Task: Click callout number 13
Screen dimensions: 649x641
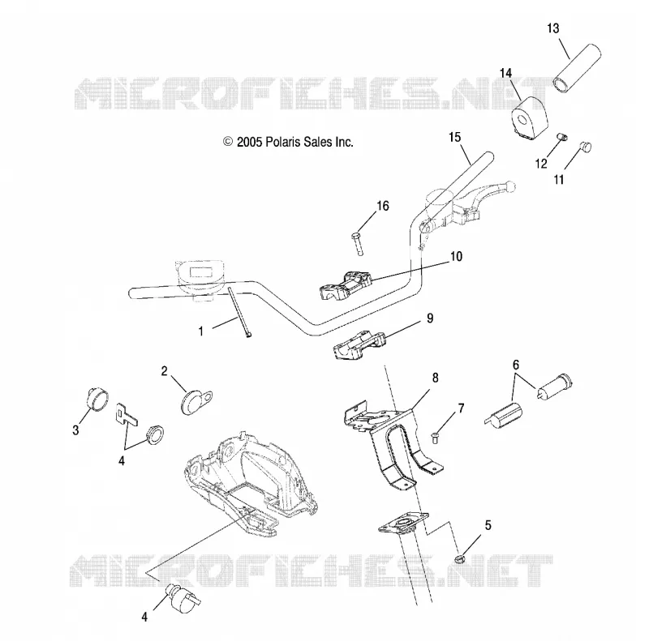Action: (553, 28)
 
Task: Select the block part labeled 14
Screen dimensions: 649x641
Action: (531, 115)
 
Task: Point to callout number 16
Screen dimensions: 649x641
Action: (383, 206)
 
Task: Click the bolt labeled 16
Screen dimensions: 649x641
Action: (357, 244)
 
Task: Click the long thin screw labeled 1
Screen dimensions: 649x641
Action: (239, 312)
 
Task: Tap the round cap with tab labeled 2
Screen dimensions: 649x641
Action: (196, 400)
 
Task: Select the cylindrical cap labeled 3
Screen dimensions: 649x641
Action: (97, 400)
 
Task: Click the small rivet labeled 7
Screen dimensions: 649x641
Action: (435, 438)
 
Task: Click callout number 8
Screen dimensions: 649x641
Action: (435, 378)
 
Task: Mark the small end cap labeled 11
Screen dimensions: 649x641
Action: (585, 147)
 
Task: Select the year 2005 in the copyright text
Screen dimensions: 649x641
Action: (250, 142)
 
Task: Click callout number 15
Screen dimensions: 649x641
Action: (455, 137)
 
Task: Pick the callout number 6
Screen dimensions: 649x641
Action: (516, 365)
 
